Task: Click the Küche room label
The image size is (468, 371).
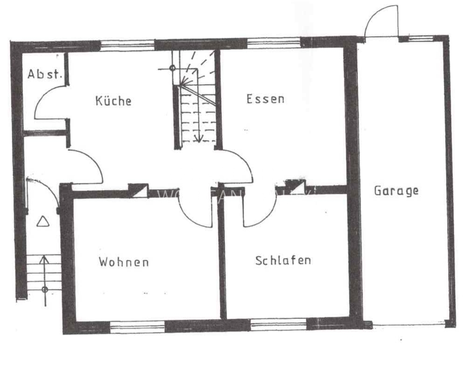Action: (113, 100)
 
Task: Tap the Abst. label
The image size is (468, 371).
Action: (44, 74)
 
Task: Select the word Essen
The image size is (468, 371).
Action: (265, 99)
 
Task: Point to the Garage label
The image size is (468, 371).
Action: (396, 191)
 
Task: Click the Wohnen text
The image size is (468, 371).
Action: (124, 262)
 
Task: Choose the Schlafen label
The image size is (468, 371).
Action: (283, 260)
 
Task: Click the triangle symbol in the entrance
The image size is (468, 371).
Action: (43, 222)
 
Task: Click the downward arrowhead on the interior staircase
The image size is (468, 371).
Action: (198, 138)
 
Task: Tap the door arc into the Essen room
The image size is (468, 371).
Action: (239, 164)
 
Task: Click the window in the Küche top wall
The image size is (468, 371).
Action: (127, 45)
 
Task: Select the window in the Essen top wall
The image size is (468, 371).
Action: (273, 43)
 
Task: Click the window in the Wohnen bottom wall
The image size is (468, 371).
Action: (137, 326)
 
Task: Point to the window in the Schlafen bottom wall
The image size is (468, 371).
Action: (278, 324)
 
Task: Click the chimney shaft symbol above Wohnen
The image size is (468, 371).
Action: (139, 190)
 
